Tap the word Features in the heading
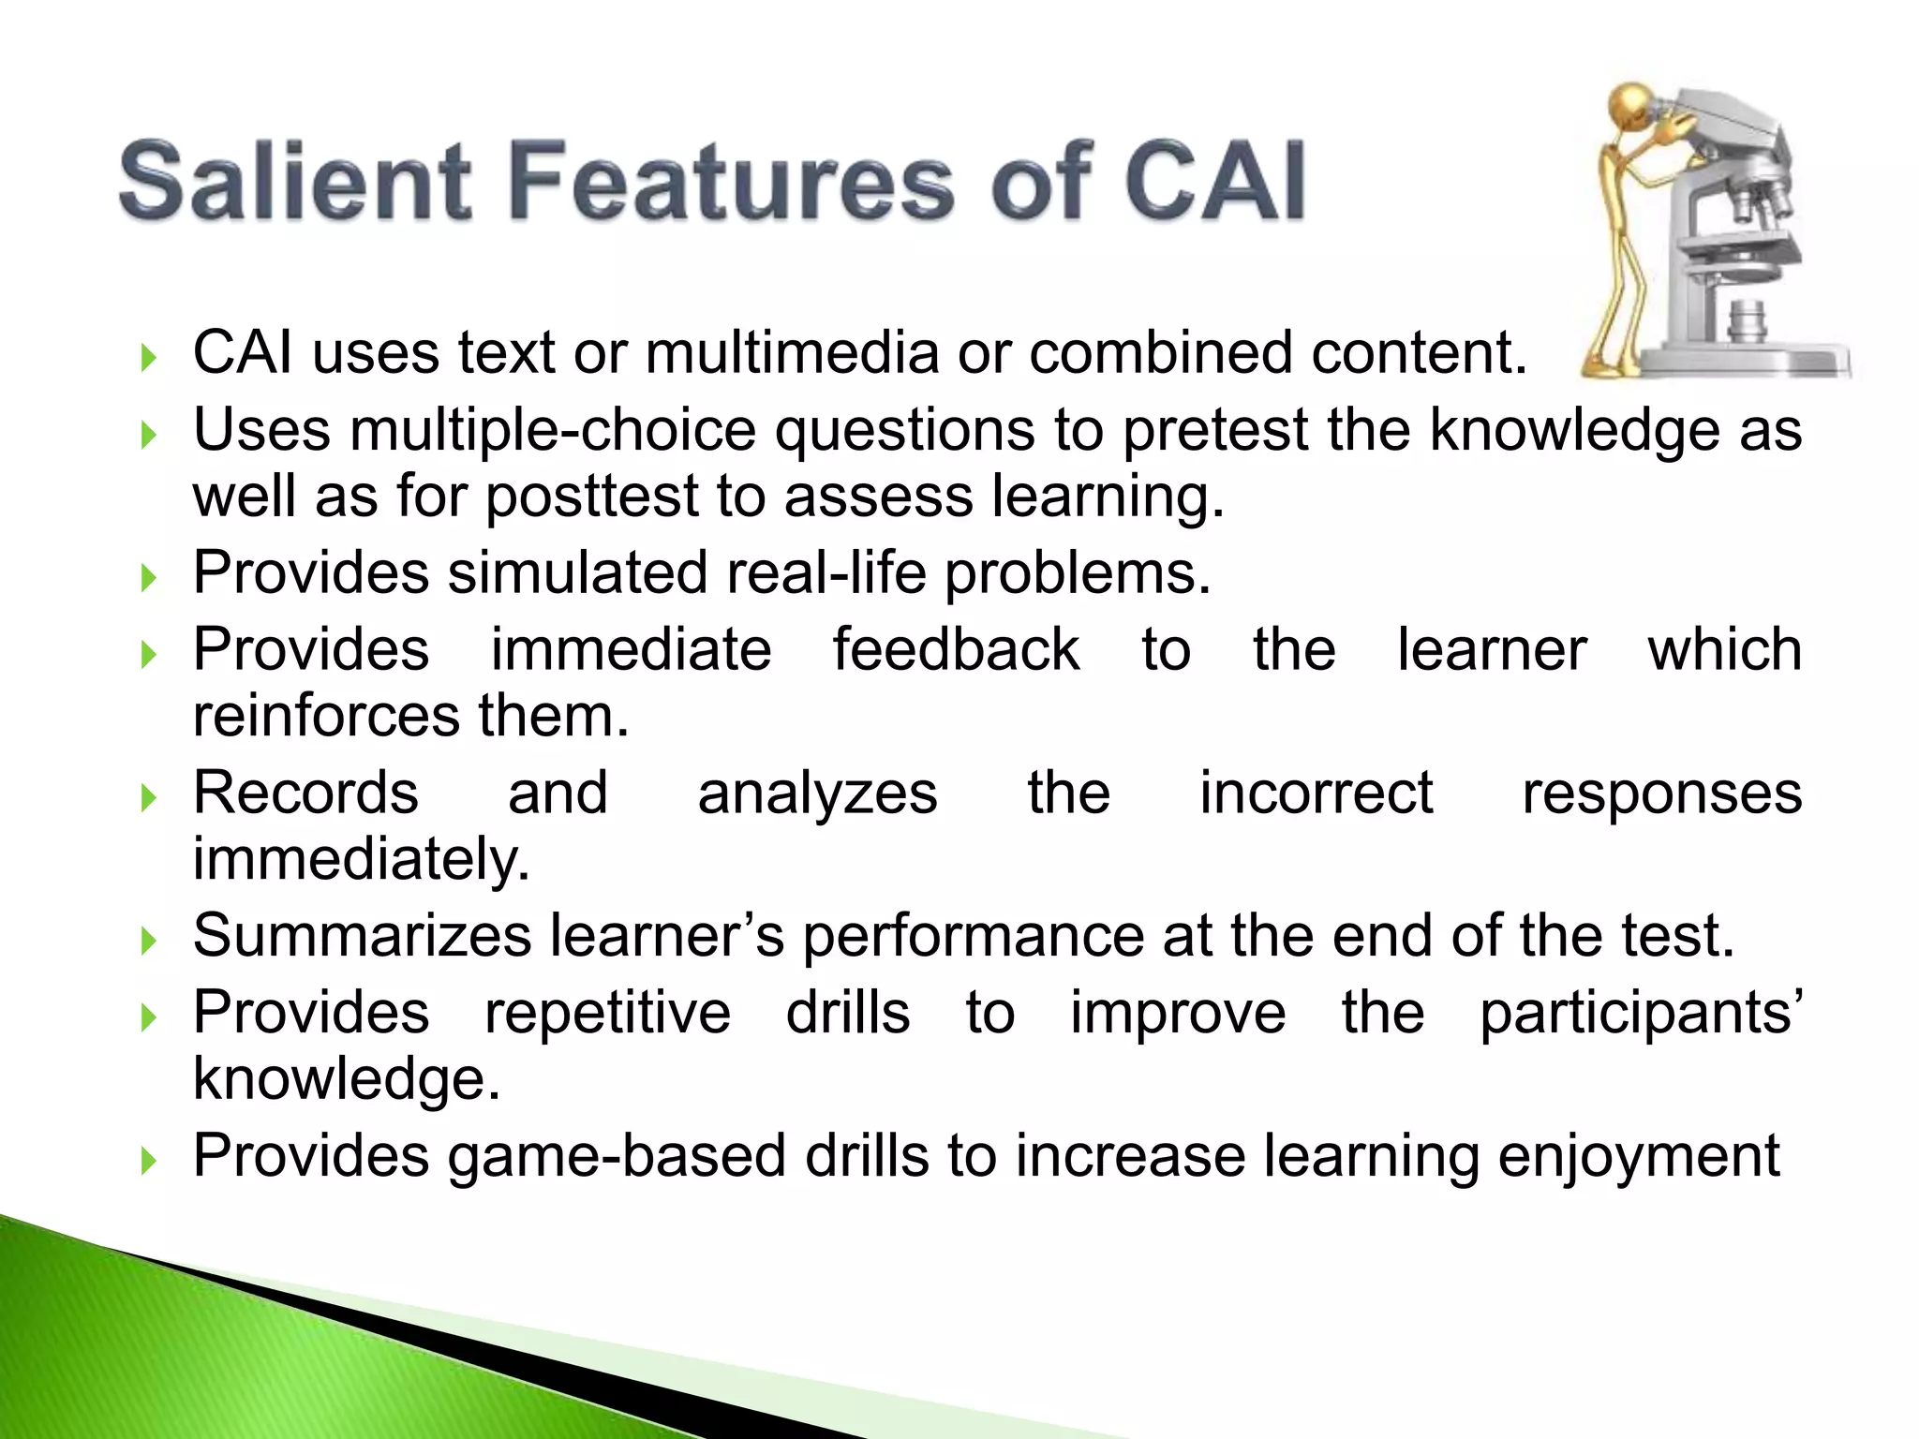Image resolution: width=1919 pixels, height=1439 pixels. [x=731, y=180]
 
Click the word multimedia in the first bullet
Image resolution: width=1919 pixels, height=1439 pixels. [x=792, y=353]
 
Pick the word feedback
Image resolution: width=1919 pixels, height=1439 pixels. [x=956, y=649]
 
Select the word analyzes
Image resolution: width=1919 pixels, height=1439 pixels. [x=817, y=794]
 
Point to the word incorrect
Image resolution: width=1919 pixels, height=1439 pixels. [x=1316, y=794]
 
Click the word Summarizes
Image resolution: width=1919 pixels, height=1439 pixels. [x=362, y=936]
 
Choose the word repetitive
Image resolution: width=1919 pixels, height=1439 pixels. [x=607, y=1013]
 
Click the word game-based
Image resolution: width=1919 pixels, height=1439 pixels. [x=617, y=1156]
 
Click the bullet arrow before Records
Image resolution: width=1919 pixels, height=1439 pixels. [x=148, y=798]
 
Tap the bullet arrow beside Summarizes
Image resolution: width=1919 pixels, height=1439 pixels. [x=148, y=941]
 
